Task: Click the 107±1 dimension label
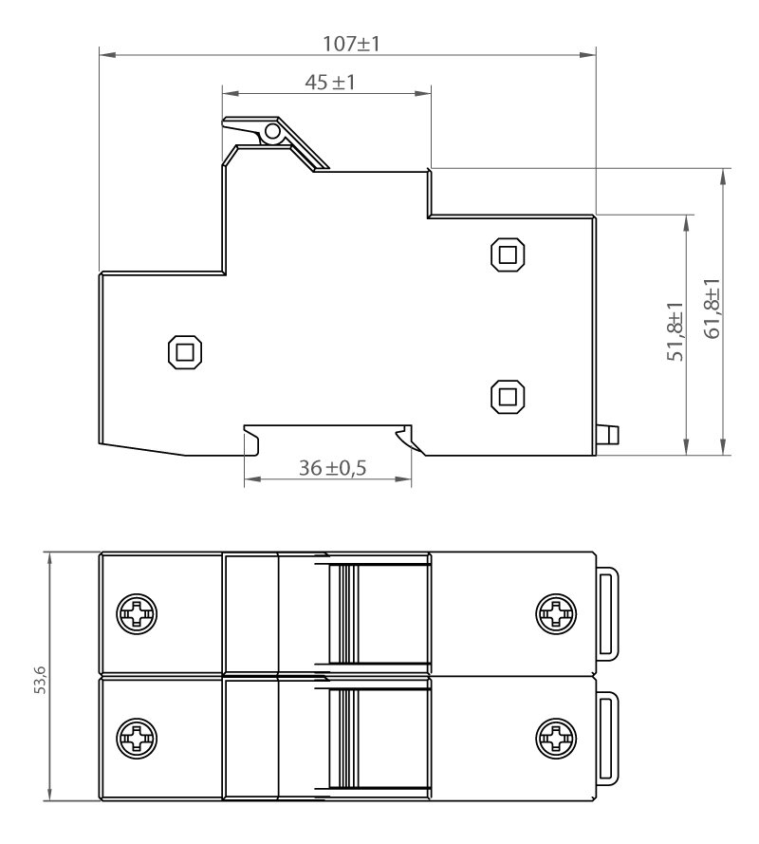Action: point(351,44)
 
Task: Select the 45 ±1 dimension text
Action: point(330,83)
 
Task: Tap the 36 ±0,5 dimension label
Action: point(332,468)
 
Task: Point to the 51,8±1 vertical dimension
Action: point(676,331)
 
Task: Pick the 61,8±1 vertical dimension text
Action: point(712,309)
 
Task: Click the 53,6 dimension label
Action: point(41,680)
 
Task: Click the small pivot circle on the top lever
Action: point(272,131)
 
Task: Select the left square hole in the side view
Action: point(185,352)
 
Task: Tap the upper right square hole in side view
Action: point(508,254)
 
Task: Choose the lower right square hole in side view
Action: point(508,397)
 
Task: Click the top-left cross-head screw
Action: point(138,614)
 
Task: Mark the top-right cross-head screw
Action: point(556,614)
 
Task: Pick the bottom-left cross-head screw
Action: point(138,738)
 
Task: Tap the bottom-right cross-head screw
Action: point(556,738)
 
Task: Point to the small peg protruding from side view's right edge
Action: point(608,435)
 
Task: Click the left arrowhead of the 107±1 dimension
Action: point(107,54)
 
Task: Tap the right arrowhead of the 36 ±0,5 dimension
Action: point(403,478)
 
